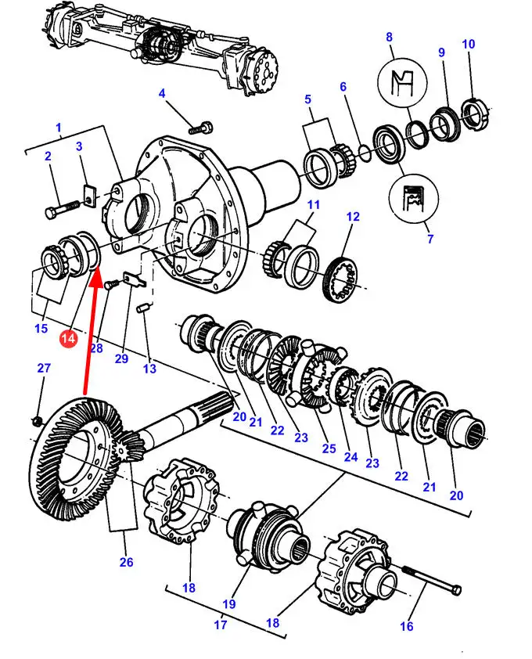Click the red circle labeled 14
click(x=68, y=338)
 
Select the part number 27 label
click(x=44, y=369)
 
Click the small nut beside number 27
click(x=37, y=421)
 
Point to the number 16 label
click(x=407, y=626)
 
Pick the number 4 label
click(x=162, y=95)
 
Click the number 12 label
click(x=353, y=217)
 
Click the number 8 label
click(x=389, y=37)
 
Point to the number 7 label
click(x=430, y=239)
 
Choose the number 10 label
click(x=469, y=45)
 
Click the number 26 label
click(x=126, y=561)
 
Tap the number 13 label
click(x=149, y=369)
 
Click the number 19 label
click(x=228, y=603)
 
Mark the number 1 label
click(x=59, y=127)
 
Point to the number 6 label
click(x=343, y=87)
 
